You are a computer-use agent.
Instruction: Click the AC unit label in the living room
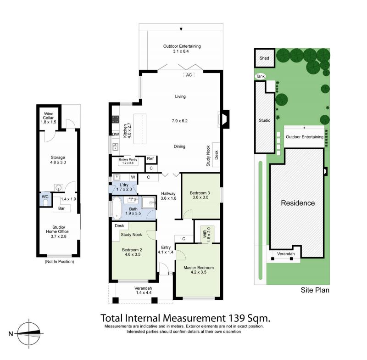click(x=189, y=75)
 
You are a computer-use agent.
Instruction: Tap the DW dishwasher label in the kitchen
click(x=116, y=135)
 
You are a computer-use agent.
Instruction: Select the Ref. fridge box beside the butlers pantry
click(x=151, y=159)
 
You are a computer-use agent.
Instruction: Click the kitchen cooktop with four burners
click(x=116, y=119)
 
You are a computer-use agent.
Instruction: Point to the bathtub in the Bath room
click(x=117, y=208)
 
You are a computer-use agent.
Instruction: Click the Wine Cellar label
click(x=49, y=118)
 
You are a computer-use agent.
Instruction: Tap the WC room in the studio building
click(x=45, y=199)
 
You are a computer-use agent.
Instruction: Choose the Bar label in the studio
click(x=61, y=208)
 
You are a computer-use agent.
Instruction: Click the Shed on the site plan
click(x=265, y=58)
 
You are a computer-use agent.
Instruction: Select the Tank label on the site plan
click(x=260, y=76)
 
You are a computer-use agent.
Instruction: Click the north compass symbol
click(x=28, y=334)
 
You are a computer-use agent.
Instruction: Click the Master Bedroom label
click(x=199, y=268)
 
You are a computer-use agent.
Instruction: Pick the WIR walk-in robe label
click(x=205, y=234)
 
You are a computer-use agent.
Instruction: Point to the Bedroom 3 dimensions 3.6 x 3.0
click(x=200, y=197)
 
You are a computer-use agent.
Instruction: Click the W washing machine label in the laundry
click(x=133, y=177)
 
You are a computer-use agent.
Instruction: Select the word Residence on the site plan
click(x=298, y=203)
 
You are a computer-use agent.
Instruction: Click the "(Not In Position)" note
click(x=60, y=262)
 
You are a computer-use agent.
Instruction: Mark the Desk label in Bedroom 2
click(x=119, y=226)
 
